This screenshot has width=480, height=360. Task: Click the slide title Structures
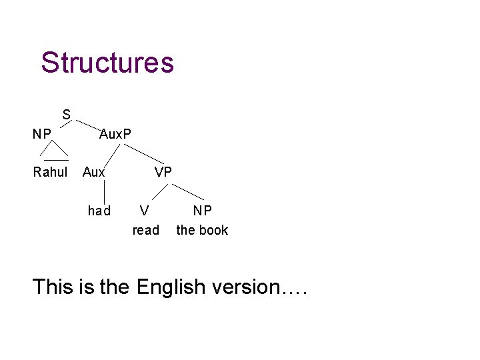[x=107, y=63]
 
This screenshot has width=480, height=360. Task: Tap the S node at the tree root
[x=67, y=114]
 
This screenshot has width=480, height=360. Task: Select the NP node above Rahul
[x=43, y=134]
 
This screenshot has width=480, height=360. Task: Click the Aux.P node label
[x=115, y=134]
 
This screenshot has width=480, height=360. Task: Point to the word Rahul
[x=51, y=173]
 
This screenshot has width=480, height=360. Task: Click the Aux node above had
[x=94, y=173]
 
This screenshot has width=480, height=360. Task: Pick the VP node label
[x=163, y=172]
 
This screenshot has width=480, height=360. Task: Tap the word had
[x=99, y=211]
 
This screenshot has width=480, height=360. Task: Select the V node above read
[x=143, y=211]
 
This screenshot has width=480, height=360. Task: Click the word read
[x=146, y=230]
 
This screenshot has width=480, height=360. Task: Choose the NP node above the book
[x=203, y=211]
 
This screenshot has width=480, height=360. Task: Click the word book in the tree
[x=214, y=230]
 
